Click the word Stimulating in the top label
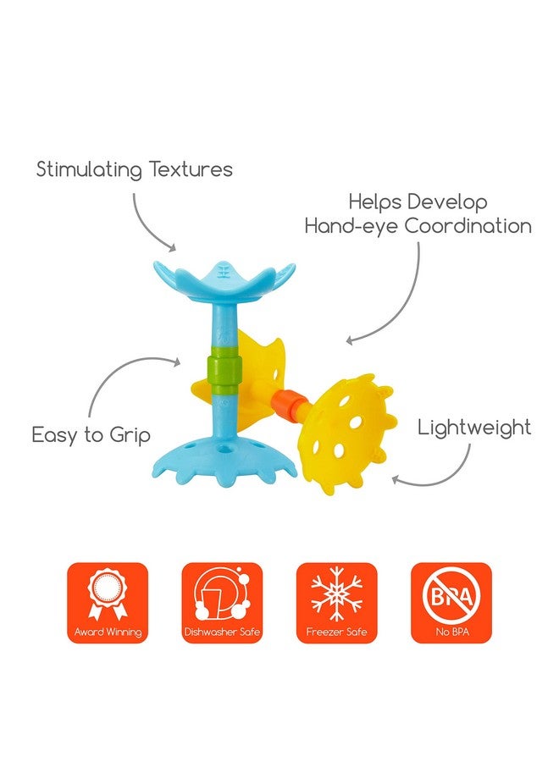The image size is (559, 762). click(x=90, y=169)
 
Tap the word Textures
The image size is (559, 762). click(x=191, y=168)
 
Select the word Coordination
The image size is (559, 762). click(x=468, y=226)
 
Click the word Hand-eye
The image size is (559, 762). click(x=352, y=227)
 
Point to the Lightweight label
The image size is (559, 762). click(x=474, y=428)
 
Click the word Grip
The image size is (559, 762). click(x=130, y=435)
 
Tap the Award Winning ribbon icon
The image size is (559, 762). click(x=108, y=595)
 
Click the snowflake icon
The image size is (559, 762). click(x=336, y=596)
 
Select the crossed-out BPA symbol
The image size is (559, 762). click(x=451, y=596)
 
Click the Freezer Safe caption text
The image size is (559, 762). click(x=336, y=632)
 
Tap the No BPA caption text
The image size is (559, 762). click(x=451, y=632)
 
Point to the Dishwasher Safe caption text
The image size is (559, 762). click(x=222, y=632)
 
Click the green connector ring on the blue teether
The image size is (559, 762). click(x=224, y=370)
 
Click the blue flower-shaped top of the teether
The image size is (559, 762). click(x=224, y=282)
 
